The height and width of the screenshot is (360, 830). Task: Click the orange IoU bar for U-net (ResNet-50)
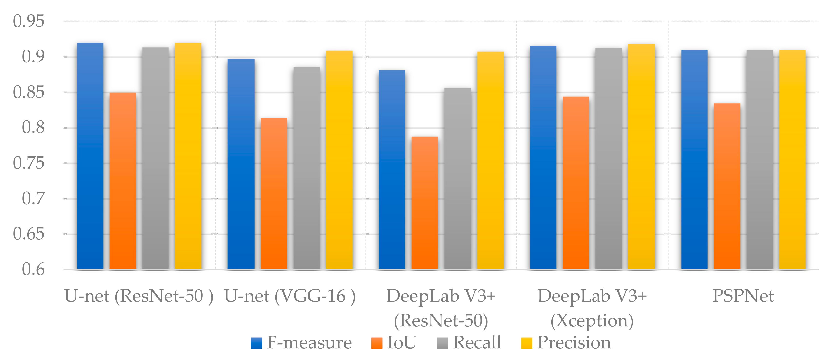pyautogui.click(x=123, y=180)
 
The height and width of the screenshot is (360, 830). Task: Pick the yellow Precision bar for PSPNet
pyautogui.click(x=792, y=159)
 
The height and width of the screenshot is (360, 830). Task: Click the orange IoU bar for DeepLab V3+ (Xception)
pyautogui.click(x=576, y=182)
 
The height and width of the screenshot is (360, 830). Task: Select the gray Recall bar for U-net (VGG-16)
pyautogui.click(x=306, y=168)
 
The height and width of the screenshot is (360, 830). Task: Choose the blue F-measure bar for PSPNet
pyautogui.click(x=694, y=159)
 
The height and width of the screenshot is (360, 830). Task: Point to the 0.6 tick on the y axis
pyautogui.click(x=33, y=269)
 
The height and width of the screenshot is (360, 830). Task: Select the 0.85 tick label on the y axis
pyautogui.click(x=28, y=92)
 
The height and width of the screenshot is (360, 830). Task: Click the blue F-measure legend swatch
pyautogui.click(x=257, y=343)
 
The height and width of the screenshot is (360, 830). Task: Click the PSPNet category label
pyautogui.click(x=743, y=296)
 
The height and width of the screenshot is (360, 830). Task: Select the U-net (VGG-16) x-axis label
pyautogui.click(x=290, y=296)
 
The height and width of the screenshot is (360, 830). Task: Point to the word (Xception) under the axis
pyautogui.click(x=592, y=321)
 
